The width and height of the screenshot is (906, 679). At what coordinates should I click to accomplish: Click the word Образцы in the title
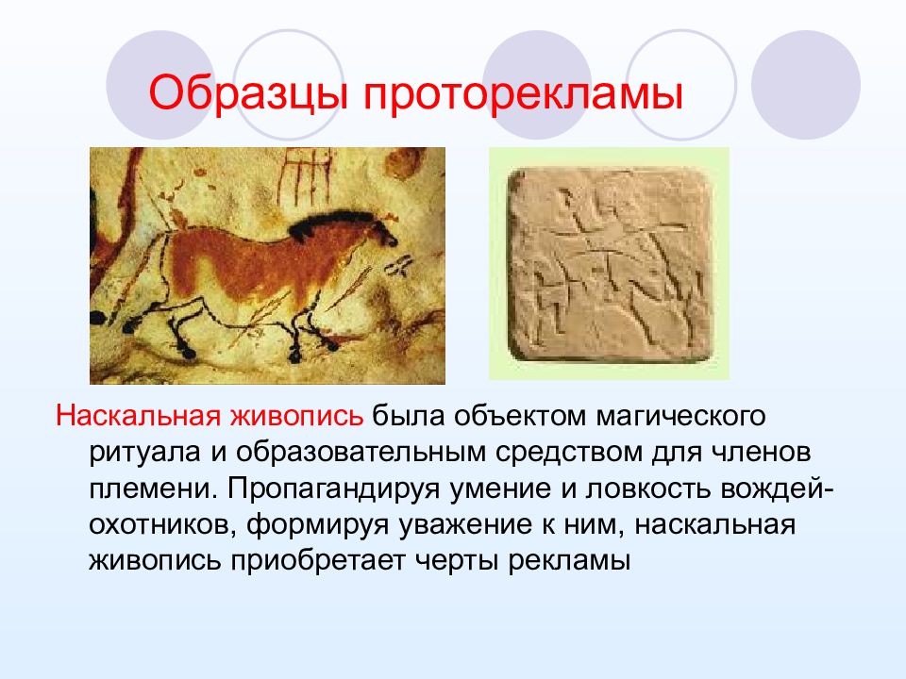coord(248,92)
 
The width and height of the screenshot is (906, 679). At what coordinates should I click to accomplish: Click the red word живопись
coord(296,416)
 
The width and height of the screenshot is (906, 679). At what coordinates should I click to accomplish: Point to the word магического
coord(680,417)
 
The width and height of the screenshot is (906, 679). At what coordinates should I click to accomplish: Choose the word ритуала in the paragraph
coord(145,453)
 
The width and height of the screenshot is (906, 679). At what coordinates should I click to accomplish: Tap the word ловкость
coord(649,489)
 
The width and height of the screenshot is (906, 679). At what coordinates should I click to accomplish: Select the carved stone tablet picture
coord(610,264)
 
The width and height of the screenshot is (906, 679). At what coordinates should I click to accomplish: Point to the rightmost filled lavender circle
coord(805,86)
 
